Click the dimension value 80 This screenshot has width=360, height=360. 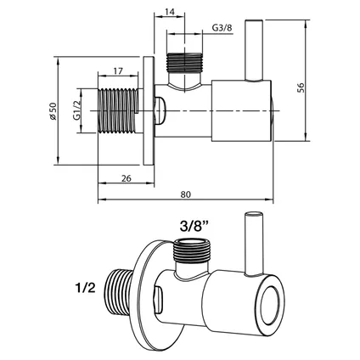[x=185, y=192]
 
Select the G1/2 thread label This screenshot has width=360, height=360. [x=86, y=110]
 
